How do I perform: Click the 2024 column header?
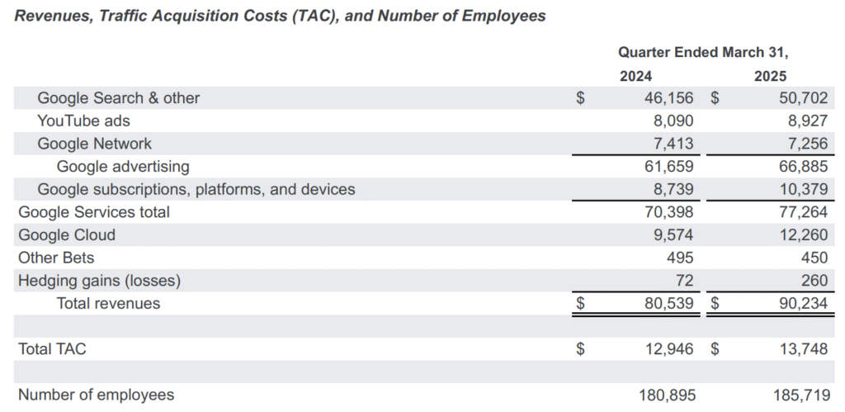635,76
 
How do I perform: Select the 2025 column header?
770,76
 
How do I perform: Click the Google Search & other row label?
119,98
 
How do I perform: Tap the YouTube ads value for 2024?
673,121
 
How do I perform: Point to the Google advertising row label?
123,167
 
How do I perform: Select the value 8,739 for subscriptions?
673,189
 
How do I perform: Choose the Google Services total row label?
94,212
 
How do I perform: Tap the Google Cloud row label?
67,235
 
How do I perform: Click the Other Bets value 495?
680,258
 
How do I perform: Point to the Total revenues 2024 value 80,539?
669,304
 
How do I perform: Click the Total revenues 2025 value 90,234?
803,304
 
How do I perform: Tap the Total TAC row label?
52,349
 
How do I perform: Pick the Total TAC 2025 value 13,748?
803,349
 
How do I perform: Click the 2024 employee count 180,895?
668,395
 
